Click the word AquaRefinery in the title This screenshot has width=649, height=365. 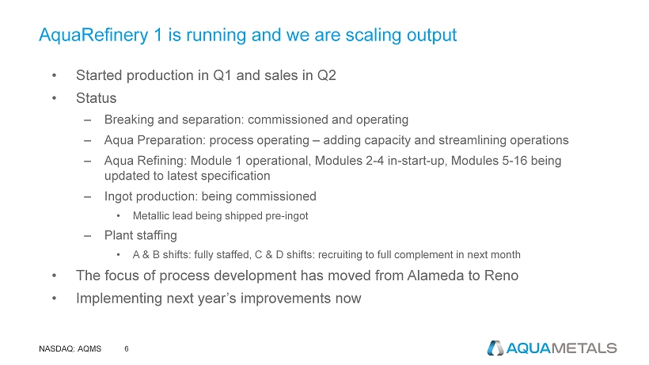93,36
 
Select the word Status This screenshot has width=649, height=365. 96,98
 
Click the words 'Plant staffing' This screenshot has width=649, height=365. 141,235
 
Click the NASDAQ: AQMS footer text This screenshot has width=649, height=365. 70,349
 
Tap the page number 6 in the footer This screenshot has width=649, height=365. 127,349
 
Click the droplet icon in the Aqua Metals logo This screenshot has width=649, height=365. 495,348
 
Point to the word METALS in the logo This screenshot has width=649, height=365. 584,348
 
